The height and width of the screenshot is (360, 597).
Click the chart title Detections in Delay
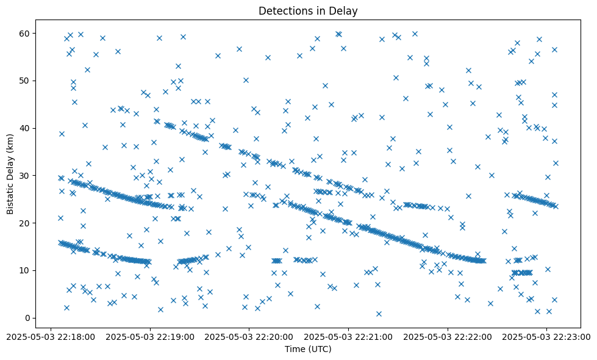coord(307,10)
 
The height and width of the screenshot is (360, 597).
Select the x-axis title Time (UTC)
coord(307,349)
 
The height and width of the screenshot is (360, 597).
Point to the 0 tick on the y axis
coord(27,318)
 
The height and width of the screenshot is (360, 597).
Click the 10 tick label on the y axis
coord(24,270)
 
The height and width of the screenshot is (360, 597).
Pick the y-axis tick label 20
coord(24,223)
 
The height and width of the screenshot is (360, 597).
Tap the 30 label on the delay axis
coord(24,176)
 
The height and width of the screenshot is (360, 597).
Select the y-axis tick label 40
coord(24,128)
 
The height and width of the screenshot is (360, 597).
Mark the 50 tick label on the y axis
coord(24,81)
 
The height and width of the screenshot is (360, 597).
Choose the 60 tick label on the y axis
coord(24,33)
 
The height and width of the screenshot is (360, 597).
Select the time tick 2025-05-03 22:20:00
coord(249,336)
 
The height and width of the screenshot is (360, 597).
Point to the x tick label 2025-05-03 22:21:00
coord(348,336)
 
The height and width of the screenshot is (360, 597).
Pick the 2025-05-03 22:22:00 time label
coord(448,336)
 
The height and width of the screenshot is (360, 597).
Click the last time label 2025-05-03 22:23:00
coord(547,336)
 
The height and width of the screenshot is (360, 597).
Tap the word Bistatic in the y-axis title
coord(10,196)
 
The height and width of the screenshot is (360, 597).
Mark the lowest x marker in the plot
coord(379,314)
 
